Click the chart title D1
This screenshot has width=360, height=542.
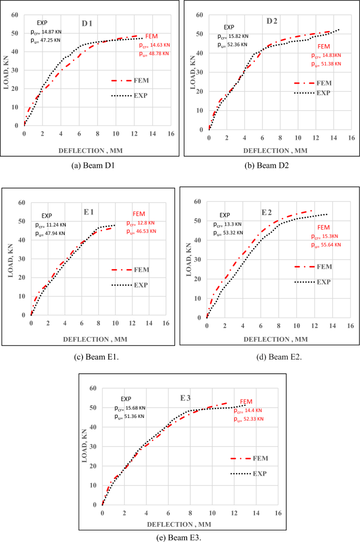point(87,23)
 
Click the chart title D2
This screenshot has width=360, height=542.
point(272,21)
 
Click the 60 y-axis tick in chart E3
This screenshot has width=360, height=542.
point(92,388)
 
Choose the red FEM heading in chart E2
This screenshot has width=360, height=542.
point(323,227)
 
